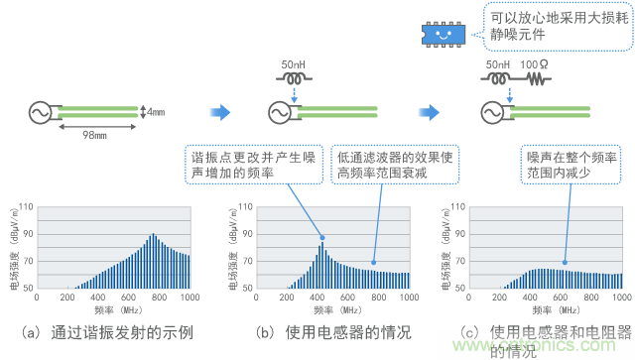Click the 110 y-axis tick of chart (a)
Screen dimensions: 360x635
point(27,207)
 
